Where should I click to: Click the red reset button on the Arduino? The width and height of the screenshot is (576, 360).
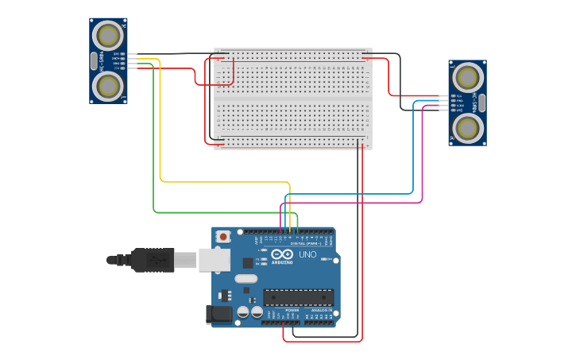point(224,236)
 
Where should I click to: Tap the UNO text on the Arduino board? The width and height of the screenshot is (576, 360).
point(307,255)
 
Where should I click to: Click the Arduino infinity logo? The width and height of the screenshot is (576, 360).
point(282,254)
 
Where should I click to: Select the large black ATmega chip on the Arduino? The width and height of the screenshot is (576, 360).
point(298,297)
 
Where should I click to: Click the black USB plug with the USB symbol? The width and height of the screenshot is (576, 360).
point(153,260)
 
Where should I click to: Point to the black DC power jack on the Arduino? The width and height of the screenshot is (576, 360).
point(219,315)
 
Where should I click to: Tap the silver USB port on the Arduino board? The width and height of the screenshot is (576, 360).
point(214,260)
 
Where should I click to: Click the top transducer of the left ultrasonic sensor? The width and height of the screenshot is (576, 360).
point(108,36)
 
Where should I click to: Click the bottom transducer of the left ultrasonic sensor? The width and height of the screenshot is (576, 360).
point(108,85)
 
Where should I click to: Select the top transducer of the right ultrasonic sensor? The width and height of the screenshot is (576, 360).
point(467,77)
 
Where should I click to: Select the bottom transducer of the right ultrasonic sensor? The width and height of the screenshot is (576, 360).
point(467,127)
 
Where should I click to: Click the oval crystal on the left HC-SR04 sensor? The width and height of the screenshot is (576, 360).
point(94,60)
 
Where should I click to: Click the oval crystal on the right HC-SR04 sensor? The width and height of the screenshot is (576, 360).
point(481,102)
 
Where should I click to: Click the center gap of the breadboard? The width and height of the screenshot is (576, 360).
point(292,99)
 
